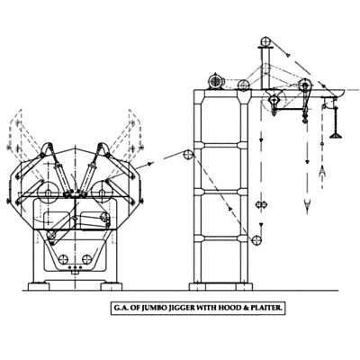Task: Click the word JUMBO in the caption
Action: (x=148, y=308)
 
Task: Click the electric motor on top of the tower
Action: (x=216, y=81)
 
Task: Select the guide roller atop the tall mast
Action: (x=265, y=41)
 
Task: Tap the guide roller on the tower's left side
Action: (x=188, y=155)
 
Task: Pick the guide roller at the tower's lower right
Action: (x=257, y=240)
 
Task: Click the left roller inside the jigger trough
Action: (x=63, y=259)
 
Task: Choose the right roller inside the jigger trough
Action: (x=86, y=259)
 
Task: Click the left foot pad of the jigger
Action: (x=39, y=286)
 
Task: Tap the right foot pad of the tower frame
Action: (x=244, y=286)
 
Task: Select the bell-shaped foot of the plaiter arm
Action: (x=336, y=135)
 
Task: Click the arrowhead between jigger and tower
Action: (x=149, y=164)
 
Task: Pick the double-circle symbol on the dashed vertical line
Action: (x=261, y=204)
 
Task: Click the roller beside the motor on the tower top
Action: (x=243, y=85)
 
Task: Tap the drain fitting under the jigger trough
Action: (x=75, y=272)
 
